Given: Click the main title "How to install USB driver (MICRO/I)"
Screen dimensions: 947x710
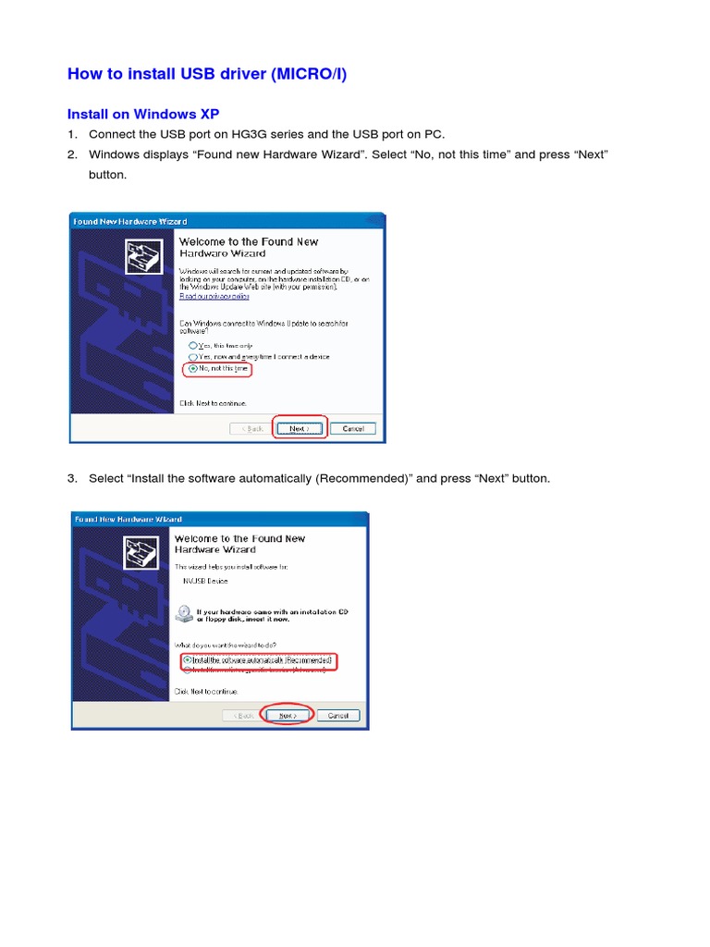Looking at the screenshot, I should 207,74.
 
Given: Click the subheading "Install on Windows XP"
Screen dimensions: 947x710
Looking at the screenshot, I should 143,114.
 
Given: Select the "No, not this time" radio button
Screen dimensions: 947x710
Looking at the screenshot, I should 192,368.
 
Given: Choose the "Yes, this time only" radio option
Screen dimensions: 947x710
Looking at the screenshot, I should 192,345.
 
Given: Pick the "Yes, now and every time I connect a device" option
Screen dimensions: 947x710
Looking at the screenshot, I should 192,356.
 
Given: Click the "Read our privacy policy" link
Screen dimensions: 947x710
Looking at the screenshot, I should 214,296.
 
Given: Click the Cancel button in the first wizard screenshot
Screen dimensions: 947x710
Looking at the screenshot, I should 353,428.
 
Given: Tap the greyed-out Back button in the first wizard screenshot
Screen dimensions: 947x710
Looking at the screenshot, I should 252,428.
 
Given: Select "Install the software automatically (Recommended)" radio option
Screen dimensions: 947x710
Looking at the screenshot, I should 188,660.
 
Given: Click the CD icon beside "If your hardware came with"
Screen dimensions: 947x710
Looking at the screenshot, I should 184,614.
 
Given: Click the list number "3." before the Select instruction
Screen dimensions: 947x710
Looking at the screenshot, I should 73,478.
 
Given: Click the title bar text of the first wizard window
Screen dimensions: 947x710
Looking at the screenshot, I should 130,221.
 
